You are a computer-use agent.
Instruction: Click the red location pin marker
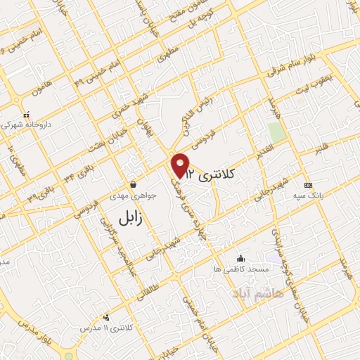[181, 165]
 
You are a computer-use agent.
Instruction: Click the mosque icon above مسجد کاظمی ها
[240, 258]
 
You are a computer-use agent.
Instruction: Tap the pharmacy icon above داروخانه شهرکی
[26, 114]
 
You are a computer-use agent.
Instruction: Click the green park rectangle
[276, 131]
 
